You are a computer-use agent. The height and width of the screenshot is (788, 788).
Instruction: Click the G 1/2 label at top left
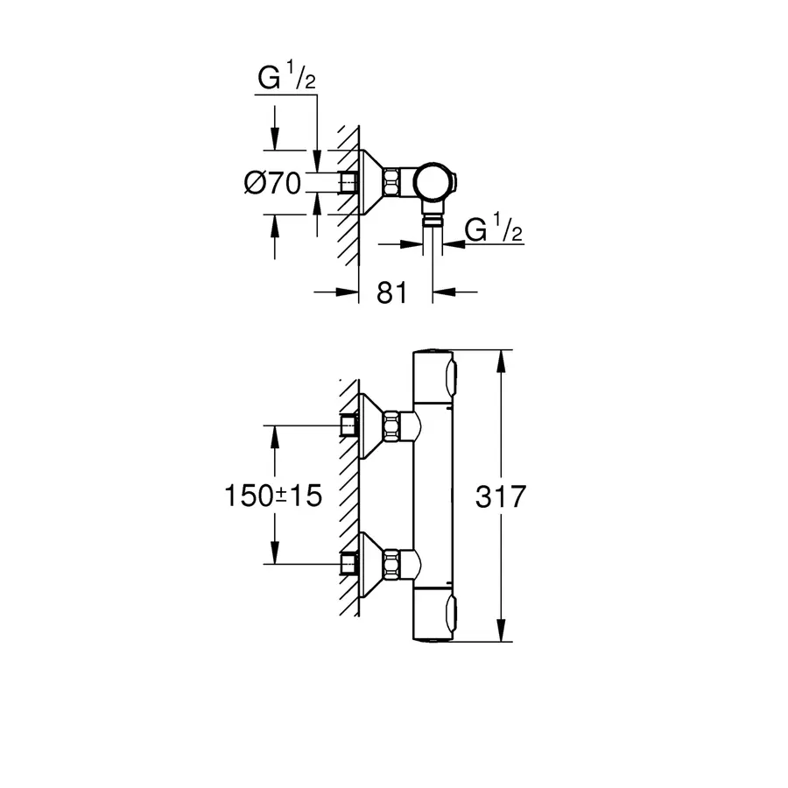coord(285,79)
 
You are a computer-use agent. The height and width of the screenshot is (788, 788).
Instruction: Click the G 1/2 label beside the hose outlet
coord(494,230)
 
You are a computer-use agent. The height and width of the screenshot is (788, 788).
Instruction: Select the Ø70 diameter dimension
coord(272,183)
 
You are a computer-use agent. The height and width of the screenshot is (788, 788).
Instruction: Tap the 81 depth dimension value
coord(393,292)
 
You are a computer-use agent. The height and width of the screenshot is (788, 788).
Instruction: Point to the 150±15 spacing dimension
coord(271,496)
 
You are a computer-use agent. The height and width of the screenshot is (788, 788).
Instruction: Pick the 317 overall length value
coord(501,496)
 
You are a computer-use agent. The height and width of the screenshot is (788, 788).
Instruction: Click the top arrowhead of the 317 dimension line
coord(501,359)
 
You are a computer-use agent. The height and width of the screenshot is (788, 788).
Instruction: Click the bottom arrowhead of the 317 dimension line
coord(501,635)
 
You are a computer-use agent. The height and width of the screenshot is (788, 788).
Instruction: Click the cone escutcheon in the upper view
coord(373,182)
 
